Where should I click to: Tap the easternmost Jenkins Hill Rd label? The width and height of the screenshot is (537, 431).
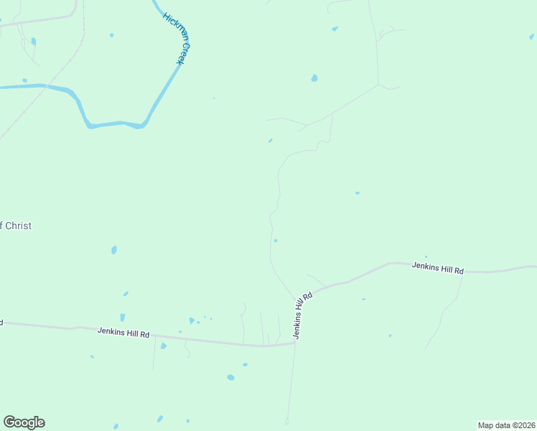(x=438, y=268)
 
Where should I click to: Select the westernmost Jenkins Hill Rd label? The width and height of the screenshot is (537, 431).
(x=123, y=333)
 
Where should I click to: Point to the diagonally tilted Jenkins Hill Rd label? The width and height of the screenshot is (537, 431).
(x=303, y=315)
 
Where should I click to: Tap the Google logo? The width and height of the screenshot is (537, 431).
(x=24, y=422)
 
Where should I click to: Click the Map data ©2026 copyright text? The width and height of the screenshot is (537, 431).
(x=507, y=425)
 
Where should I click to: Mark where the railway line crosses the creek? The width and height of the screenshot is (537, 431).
(x=47, y=87)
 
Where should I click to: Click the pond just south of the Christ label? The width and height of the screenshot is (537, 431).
(x=113, y=250)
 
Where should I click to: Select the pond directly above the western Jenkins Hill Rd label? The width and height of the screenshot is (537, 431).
(x=123, y=317)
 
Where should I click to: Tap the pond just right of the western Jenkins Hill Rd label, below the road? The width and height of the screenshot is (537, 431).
(x=164, y=346)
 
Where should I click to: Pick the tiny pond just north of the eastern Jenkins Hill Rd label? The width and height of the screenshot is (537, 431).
(x=426, y=256)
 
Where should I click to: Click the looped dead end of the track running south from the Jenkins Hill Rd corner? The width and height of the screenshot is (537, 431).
(x=286, y=421)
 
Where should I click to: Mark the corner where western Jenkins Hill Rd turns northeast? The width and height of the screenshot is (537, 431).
(x=295, y=342)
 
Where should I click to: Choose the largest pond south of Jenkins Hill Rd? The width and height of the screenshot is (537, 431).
(x=230, y=377)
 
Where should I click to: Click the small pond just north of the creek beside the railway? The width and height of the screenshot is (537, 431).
(x=24, y=80)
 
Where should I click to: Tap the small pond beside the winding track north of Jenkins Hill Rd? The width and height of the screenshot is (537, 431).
(x=276, y=241)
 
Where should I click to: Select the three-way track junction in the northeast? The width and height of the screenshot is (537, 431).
(x=378, y=85)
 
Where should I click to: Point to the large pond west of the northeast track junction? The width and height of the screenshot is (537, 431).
(x=314, y=78)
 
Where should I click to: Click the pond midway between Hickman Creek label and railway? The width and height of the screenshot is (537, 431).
(x=111, y=34)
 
